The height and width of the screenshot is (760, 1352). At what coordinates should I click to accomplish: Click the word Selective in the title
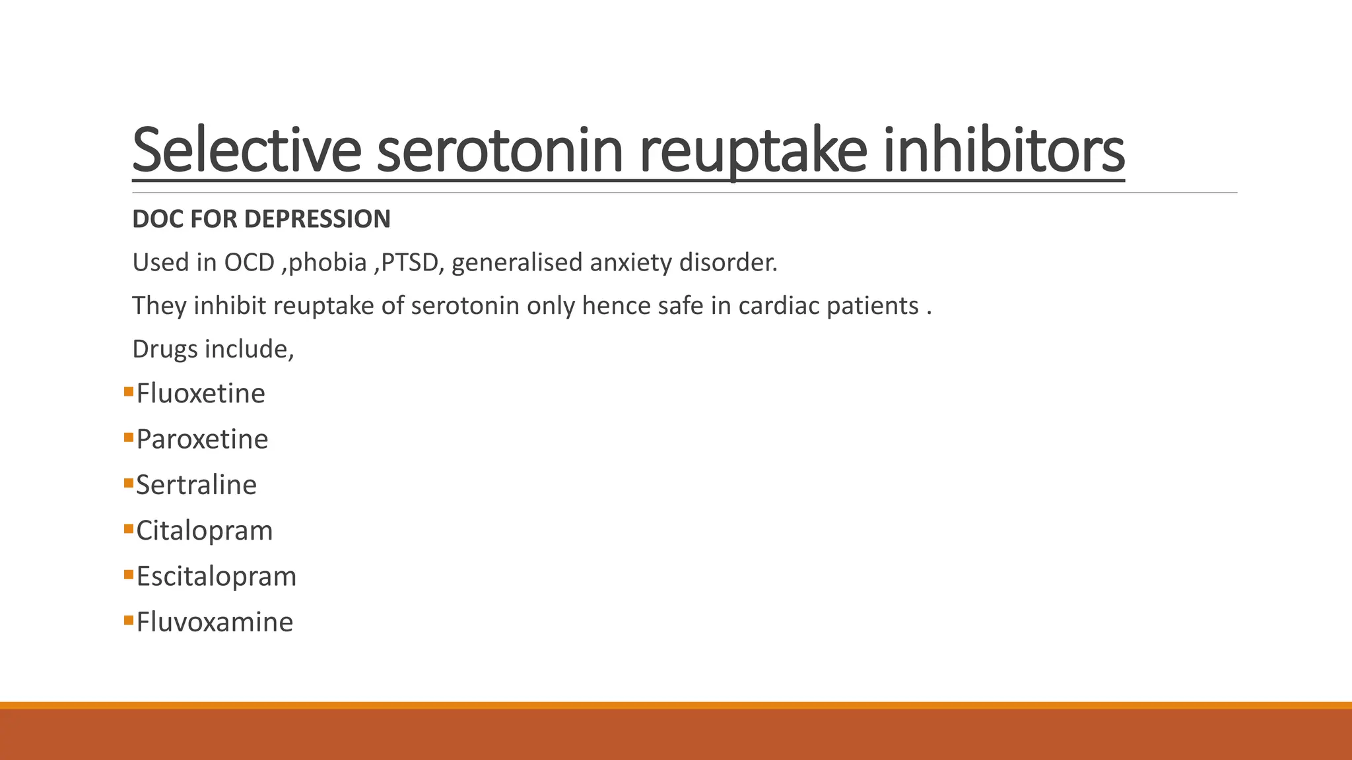(x=246, y=150)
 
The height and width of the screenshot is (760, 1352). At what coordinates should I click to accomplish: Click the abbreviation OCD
(x=249, y=263)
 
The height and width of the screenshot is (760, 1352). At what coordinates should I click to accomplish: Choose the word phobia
(x=327, y=263)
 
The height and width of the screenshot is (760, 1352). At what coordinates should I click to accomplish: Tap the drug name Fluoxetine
(x=201, y=394)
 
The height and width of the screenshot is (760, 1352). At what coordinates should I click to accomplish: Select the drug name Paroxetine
(x=202, y=439)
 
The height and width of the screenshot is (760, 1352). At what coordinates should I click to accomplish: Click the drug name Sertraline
(x=196, y=485)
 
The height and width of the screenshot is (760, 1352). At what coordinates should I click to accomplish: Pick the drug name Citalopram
(x=204, y=531)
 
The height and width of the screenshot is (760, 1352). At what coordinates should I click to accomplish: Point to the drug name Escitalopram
(x=216, y=577)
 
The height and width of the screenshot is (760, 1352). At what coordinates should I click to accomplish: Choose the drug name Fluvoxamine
(x=215, y=622)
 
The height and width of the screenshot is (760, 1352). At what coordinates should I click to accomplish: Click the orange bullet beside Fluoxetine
(x=128, y=392)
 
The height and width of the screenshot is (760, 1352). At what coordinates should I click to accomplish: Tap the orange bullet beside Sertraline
(x=128, y=484)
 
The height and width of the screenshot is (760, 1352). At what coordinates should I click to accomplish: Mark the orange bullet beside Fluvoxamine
(x=128, y=620)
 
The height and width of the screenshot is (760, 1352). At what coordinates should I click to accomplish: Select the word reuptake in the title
(x=753, y=150)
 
